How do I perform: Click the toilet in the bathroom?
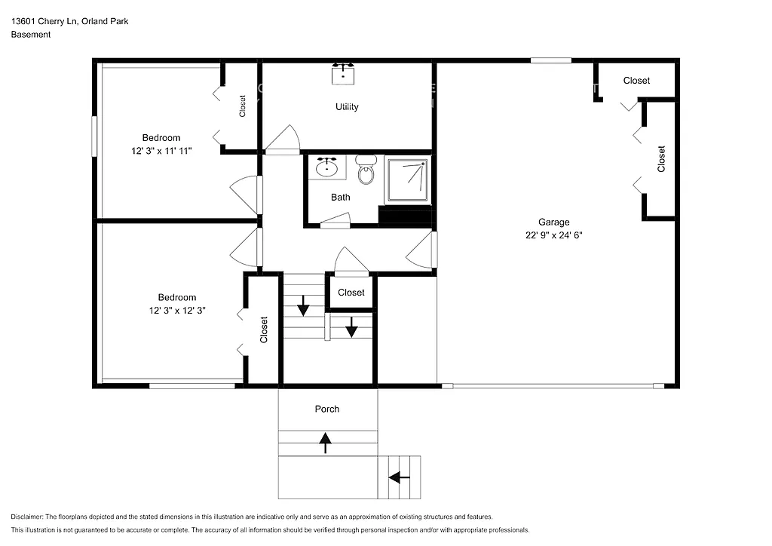[366, 171]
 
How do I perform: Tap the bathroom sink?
[326, 167]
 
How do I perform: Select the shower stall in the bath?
[408, 180]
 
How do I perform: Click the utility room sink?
[345, 75]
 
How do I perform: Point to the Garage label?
[553, 222]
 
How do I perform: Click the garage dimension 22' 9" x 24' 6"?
[553, 235]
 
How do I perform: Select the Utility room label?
[347, 107]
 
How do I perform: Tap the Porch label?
[327, 409]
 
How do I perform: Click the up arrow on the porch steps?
[326, 443]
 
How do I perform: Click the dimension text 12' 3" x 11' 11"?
[161, 151]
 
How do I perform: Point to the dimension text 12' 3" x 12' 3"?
[176, 310]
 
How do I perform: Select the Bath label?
[341, 198]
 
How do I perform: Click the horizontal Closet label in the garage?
[636, 81]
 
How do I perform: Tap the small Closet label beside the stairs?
[351, 293]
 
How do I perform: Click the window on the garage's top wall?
[550, 60]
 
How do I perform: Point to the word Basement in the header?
[31, 35]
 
